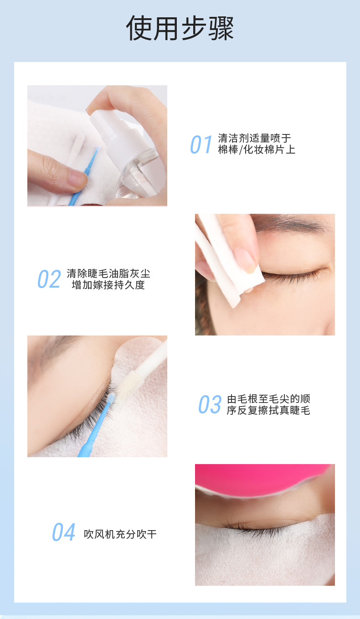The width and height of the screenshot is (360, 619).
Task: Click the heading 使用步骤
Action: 180,28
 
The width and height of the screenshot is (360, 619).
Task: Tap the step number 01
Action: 201,144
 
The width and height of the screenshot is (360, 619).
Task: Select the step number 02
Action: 49,279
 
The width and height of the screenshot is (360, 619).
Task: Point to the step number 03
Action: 210,405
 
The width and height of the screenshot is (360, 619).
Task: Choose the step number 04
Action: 63,532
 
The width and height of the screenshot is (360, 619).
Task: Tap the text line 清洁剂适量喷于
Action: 254,138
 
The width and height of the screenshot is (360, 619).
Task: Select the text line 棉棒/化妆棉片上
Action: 257,150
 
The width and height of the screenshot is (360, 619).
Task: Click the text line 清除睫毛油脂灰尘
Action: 108,273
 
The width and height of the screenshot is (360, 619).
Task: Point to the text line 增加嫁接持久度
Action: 108,285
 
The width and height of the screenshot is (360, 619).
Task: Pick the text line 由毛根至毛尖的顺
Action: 268,399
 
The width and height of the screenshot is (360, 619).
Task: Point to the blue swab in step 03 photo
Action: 98,424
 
